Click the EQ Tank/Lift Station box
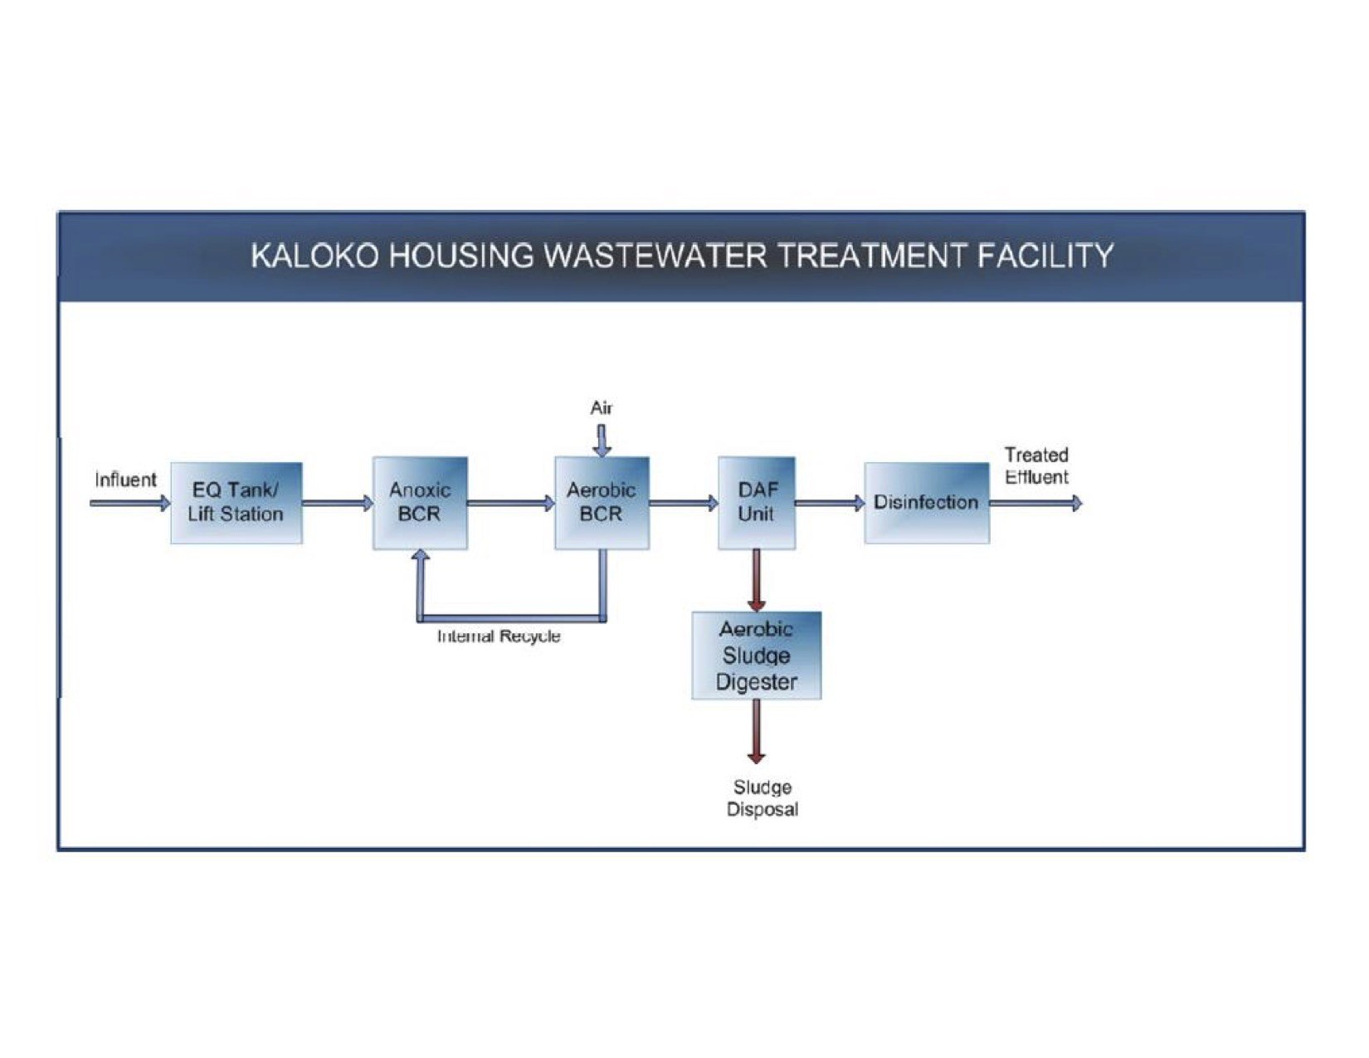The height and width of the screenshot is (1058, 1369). click(236, 503)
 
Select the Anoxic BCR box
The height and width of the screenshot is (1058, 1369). click(420, 503)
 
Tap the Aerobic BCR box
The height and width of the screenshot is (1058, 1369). click(602, 503)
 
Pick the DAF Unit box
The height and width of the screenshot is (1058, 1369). click(756, 503)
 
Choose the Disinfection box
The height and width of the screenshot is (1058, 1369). click(926, 503)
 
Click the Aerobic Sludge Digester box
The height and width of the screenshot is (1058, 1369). click(756, 656)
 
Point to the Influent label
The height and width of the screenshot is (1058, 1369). click(125, 480)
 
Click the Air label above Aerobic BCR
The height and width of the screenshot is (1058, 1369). click(602, 407)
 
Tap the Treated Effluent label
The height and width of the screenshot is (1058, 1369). click(1036, 466)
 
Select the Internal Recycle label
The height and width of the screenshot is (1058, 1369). click(499, 636)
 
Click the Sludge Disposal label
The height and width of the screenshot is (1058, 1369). click(762, 798)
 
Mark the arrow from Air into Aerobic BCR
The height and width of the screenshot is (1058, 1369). click(602, 440)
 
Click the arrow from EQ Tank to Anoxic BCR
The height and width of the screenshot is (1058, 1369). click(337, 503)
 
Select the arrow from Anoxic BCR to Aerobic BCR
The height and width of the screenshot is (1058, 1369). click(510, 503)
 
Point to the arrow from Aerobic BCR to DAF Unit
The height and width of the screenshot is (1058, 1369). click(683, 503)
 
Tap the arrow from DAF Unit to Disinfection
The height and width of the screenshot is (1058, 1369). click(829, 503)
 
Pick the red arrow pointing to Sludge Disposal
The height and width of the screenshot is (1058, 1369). click(756, 730)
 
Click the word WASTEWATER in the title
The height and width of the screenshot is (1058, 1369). click(655, 256)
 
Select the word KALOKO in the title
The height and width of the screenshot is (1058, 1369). click(314, 256)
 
